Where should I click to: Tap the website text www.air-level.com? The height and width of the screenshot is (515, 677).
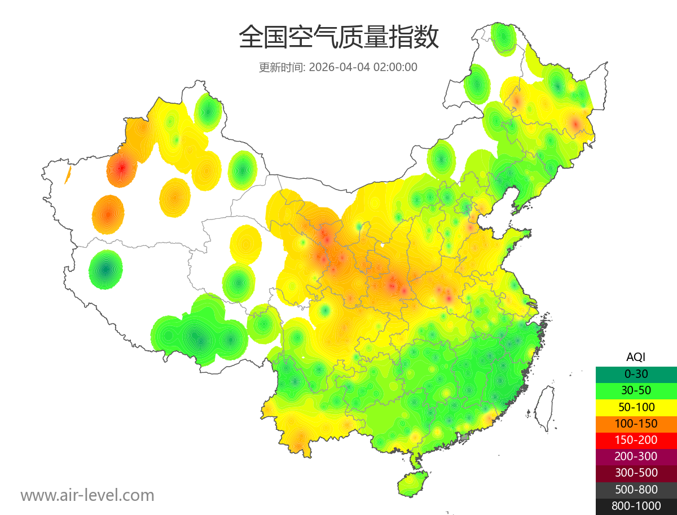coord(87,495)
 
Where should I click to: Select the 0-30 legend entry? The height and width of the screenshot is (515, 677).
coord(636,374)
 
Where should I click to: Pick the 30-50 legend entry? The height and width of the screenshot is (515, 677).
coord(636,390)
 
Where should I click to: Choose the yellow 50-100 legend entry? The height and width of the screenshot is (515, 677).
coord(636,407)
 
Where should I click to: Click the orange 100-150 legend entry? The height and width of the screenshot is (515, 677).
coord(636,423)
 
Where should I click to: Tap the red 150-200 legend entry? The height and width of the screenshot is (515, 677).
coord(636,439)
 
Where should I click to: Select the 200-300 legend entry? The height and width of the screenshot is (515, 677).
coord(636,456)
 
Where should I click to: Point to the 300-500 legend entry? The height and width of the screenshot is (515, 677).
coord(636,473)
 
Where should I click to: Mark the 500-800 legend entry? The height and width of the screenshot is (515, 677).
coord(636,490)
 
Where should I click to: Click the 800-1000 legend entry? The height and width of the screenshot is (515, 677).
coord(636,506)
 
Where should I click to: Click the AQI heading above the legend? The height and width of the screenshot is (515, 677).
coord(636,357)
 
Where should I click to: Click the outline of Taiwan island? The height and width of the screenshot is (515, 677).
coord(545,407)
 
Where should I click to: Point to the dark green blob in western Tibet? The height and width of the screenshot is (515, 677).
coord(105,270)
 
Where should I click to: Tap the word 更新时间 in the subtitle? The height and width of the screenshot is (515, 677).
coord(282,67)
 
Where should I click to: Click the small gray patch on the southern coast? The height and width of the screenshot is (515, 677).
coord(465,437)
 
